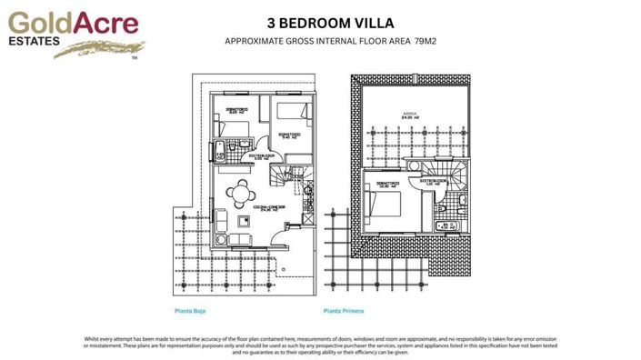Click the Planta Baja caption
[190, 312]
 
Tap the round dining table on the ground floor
[241, 192]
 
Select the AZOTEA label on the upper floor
[411, 115]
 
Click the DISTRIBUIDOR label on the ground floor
[263, 155]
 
